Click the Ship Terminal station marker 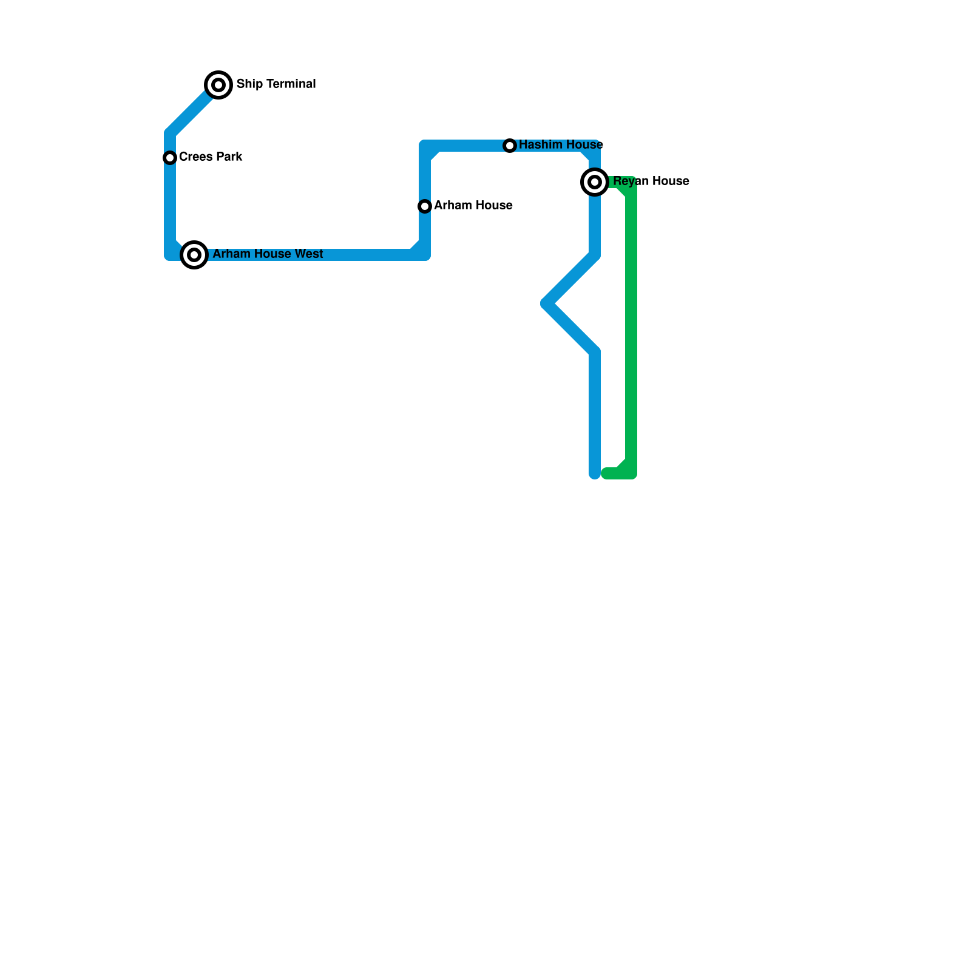point(218,84)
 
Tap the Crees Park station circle point(170,158)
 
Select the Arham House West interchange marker point(194,255)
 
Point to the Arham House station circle point(425,206)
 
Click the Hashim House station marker point(510,146)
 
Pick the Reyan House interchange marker point(595,182)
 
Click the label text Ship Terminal point(276,84)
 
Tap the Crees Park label point(211,157)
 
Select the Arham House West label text point(268,254)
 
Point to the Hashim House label point(561,144)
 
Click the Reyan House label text point(651,181)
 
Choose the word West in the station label point(310,254)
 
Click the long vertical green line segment point(631,328)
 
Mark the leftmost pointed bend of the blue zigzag point(546,303)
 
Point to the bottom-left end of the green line point(606,473)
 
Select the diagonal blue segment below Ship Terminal point(191,112)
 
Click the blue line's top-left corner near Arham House point(425,146)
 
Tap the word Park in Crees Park point(229,157)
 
